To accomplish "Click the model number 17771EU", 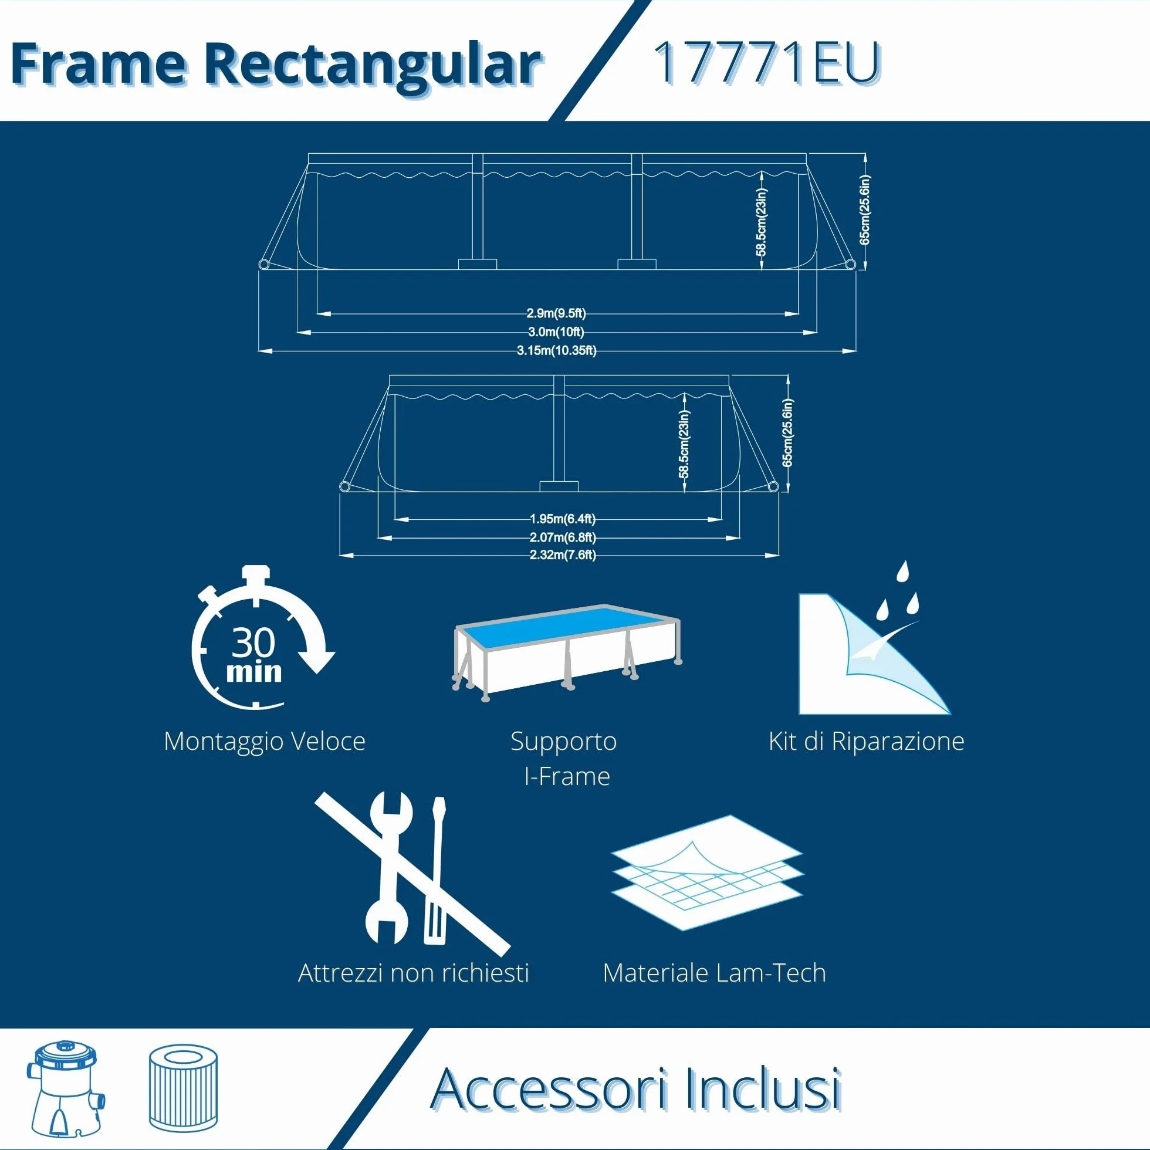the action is (767, 63).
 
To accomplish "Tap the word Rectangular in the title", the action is (373, 66).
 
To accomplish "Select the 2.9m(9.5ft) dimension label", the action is (556, 314).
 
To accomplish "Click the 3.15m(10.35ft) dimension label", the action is (557, 351).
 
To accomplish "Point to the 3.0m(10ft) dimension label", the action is (556, 332).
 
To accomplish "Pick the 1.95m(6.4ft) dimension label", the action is (563, 519).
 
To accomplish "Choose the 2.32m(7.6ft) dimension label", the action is (563, 555).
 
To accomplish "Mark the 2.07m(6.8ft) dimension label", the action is (563, 537).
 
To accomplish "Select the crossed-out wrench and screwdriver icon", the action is (412, 874).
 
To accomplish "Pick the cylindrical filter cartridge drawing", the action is (183, 1085).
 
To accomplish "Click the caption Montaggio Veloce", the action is (264, 742).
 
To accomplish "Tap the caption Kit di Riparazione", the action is (866, 742).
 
